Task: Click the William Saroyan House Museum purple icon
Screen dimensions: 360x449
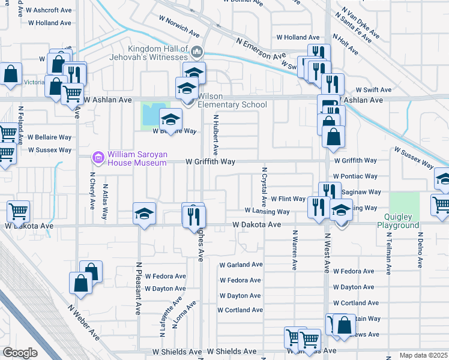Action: coord(97,158)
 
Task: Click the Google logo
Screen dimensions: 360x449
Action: coord(20,352)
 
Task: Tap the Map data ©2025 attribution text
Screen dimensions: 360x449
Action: coord(423,355)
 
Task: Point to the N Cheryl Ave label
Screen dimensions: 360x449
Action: coord(92,191)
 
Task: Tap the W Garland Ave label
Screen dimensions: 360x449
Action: coord(241,265)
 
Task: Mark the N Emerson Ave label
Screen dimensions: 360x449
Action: coord(261,50)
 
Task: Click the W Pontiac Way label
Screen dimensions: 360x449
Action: coord(355,176)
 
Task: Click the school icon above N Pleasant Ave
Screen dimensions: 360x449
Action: coord(144,214)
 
